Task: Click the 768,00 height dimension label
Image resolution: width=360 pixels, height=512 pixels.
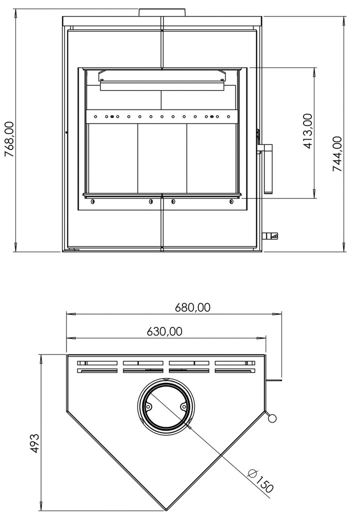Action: coord(9,139)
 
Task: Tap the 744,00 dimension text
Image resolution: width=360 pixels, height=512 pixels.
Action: coord(337,154)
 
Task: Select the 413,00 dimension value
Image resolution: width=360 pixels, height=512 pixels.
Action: coord(307,131)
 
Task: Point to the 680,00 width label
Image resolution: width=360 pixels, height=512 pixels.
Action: coord(192,307)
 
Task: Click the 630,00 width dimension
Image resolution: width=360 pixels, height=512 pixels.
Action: coord(164,331)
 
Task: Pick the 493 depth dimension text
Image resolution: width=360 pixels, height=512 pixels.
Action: coord(34,443)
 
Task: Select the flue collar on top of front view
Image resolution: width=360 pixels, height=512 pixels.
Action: coord(162,12)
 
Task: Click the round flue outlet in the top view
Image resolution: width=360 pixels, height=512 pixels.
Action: coord(165,405)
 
